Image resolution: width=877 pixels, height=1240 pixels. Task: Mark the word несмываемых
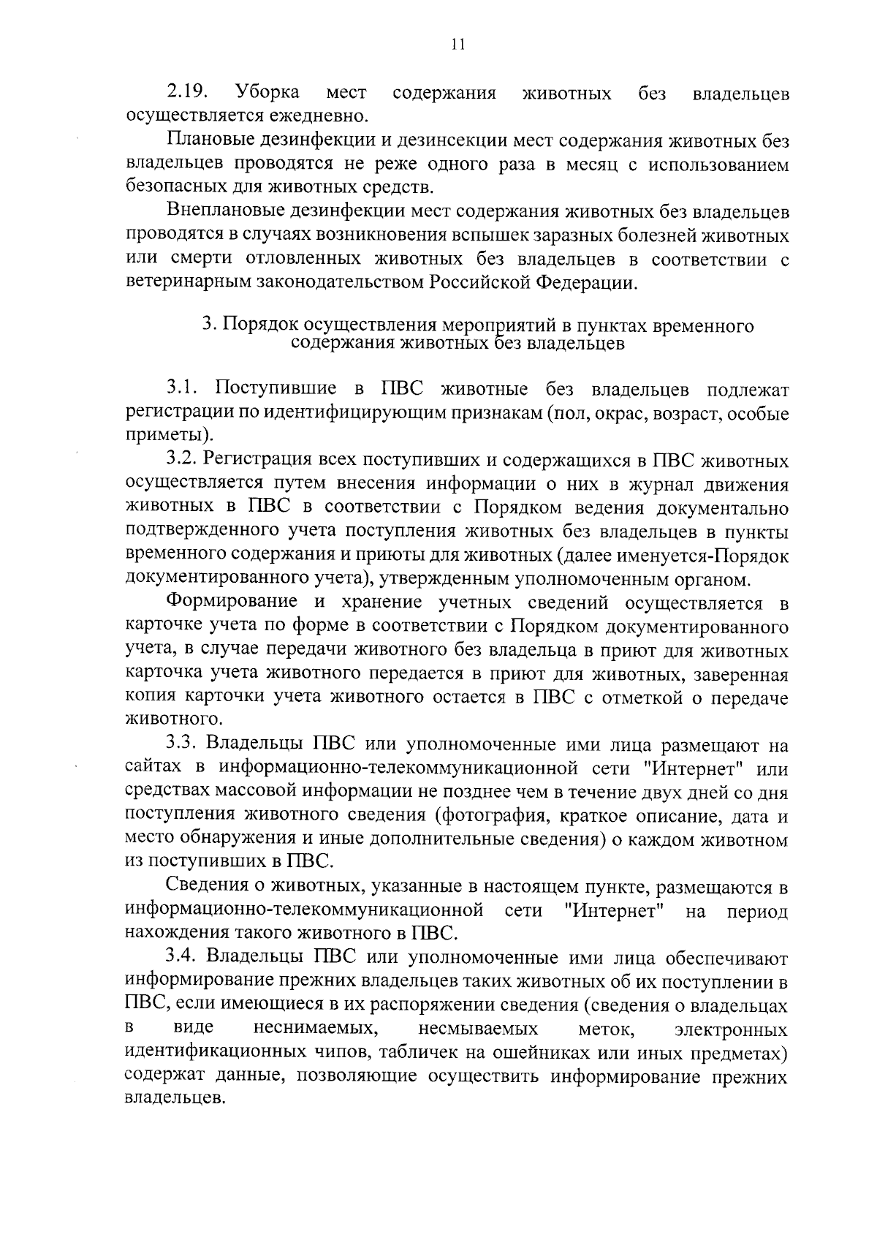[478, 1029]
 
